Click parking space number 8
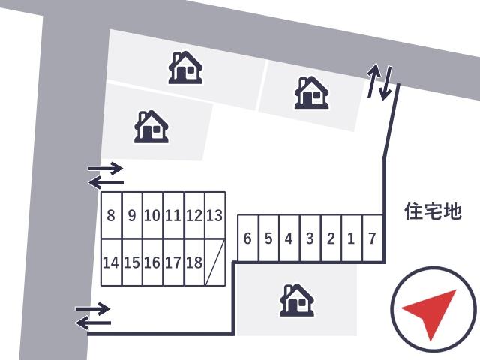tap(112, 215)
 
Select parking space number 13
tap(215, 215)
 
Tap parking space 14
tap(112, 262)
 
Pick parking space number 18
tap(194, 262)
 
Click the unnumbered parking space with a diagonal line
tap(215, 262)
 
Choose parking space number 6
tap(248, 238)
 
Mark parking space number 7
tap(373, 238)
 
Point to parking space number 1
tap(352, 238)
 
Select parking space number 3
tap(310, 238)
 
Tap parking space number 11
tap(173, 215)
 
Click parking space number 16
tap(153, 262)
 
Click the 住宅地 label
tap(433, 211)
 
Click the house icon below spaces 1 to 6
tap(297, 300)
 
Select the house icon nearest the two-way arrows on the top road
tap(312, 92)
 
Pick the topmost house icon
tap(185, 67)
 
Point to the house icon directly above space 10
tap(151, 127)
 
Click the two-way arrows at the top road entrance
tap(379, 82)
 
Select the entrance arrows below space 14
tap(93, 316)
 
